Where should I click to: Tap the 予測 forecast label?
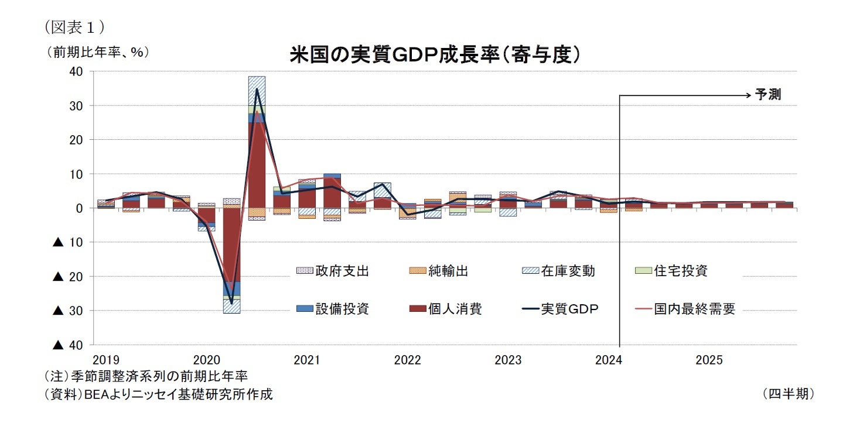coord(767,95)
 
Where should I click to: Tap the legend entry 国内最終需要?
coord(694,309)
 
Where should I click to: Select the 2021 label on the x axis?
coord(308,360)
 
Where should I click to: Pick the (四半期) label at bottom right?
coord(789,394)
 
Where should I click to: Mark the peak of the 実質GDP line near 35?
coord(257,89)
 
